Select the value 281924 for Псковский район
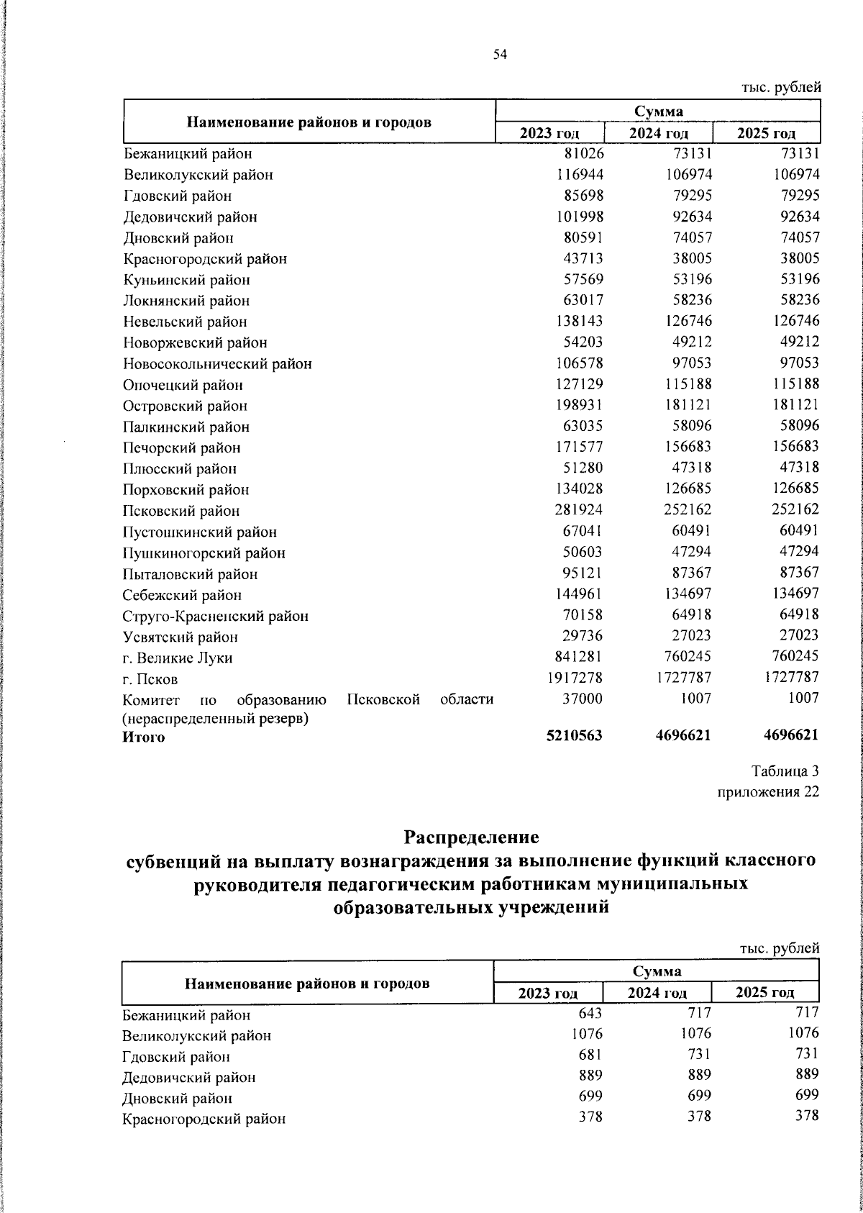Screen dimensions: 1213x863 [x=575, y=510]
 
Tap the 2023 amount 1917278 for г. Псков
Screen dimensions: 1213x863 [x=571, y=678]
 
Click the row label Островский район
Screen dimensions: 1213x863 [x=185, y=406]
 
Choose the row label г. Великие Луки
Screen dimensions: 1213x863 [x=178, y=658]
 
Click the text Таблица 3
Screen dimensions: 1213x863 [x=785, y=771]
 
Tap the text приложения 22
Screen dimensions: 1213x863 [x=768, y=792]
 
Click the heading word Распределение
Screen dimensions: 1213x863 [x=471, y=837]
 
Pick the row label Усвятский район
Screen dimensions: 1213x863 [x=181, y=637]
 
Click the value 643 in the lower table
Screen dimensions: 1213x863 [x=589, y=1013]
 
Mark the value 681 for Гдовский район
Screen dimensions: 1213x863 [x=589, y=1055]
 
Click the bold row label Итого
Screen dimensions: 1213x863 [x=143, y=737]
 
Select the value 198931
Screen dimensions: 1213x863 [x=575, y=405]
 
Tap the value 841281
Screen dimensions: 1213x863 [x=575, y=656]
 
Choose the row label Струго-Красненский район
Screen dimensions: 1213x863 [x=216, y=616]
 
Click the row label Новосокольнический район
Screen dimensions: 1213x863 [x=217, y=364]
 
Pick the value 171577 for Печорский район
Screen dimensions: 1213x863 [x=575, y=447]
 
